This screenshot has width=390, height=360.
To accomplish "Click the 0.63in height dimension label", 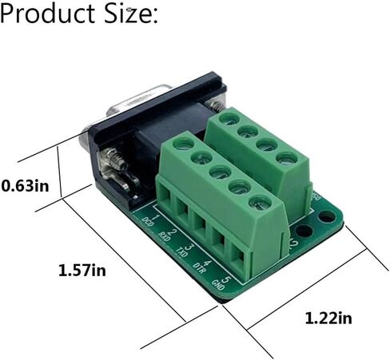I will [x=25, y=185].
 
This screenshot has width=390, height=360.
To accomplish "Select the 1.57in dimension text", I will [x=82, y=271].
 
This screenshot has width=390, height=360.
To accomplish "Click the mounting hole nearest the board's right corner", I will [x=326, y=216].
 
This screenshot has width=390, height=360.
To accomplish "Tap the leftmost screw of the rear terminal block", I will [x=227, y=119].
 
